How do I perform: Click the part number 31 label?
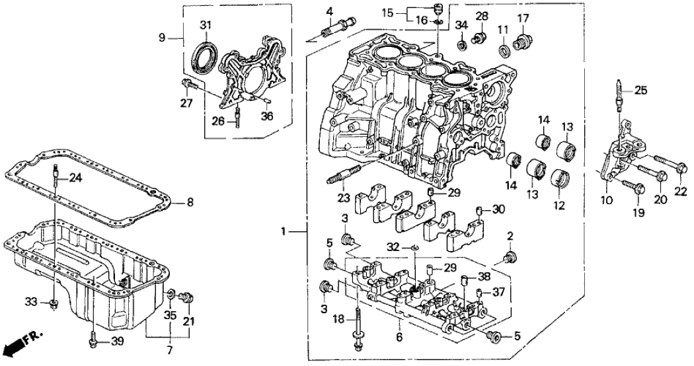coord(206,26)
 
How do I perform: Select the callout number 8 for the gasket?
coord(190,203)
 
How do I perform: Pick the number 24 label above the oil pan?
coord(77,178)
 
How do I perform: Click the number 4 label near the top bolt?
coord(328,11)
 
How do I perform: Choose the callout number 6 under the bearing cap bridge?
coord(399,336)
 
